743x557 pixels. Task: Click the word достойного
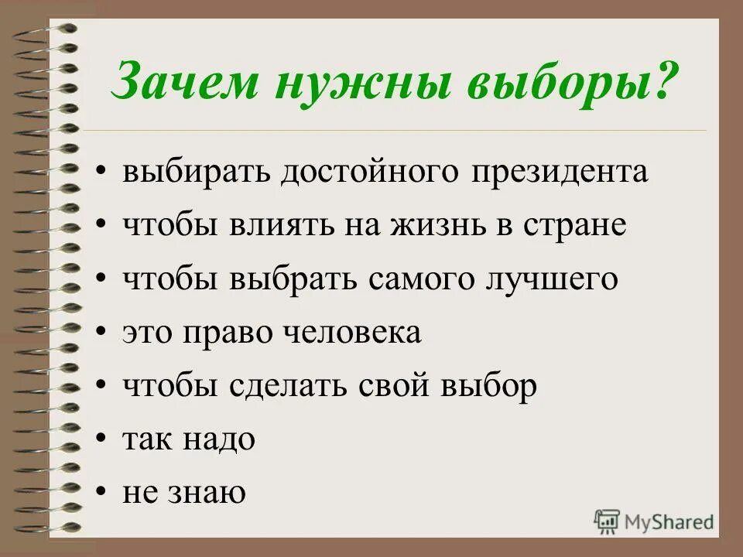pyautogui.click(x=367, y=173)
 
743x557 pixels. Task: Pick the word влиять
pyautogui.click(x=272, y=226)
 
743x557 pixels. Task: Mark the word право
pyautogui.click(x=234, y=333)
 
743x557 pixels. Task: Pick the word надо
pyautogui.click(x=219, y=440)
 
